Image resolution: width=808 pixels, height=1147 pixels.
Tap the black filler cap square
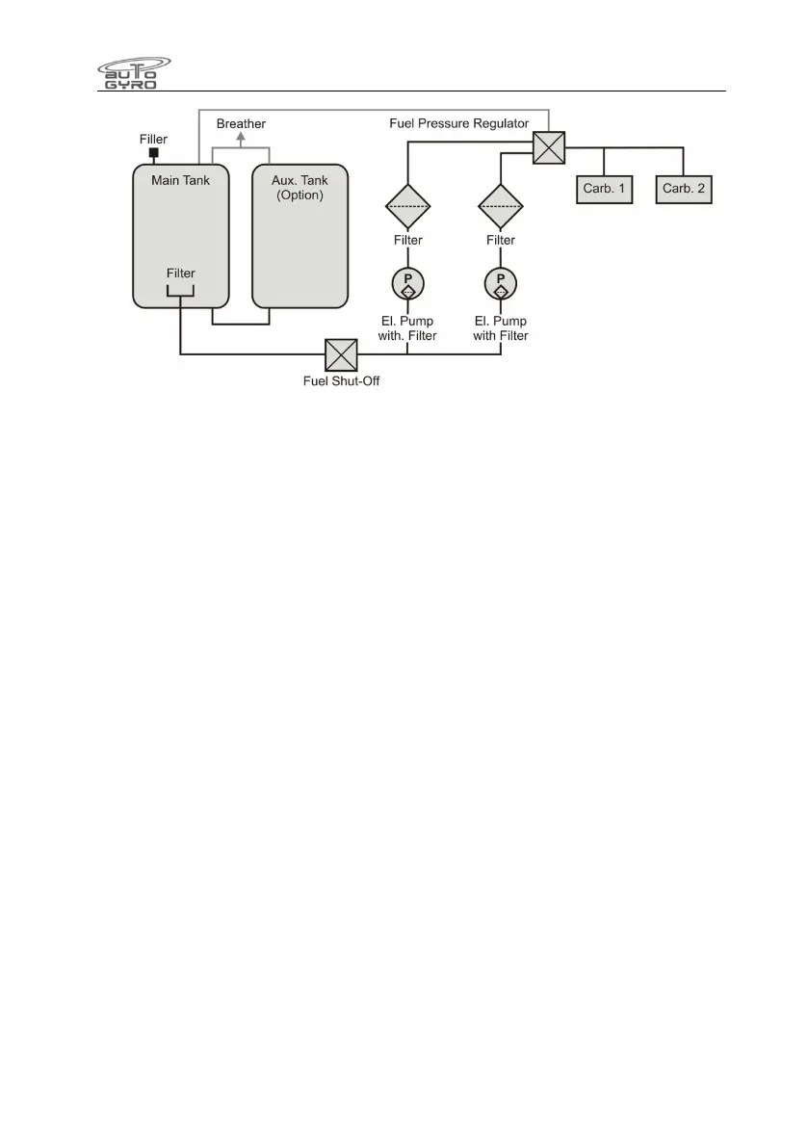coord(152,153)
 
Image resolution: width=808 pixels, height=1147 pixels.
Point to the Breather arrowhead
coord(241,138)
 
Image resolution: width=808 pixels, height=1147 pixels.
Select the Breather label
coord(241,124)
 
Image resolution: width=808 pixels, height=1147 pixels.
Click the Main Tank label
coord(180,179)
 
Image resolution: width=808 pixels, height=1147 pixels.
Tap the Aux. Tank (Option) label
coord(300,187)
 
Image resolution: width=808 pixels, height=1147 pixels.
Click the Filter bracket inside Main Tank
coord(180,292)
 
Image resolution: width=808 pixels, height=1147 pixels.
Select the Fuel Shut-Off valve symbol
coord(341,354)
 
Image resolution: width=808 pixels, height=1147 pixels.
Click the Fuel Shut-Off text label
coord(341,378)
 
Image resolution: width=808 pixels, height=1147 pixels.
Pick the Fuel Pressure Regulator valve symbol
coord(548,148)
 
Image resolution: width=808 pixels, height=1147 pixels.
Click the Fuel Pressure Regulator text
coord(458,124)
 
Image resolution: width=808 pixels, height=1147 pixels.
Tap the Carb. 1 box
coord(604,188)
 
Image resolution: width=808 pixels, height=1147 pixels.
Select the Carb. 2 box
coord(684,188)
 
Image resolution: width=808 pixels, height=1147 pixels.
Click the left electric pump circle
coord(407,283)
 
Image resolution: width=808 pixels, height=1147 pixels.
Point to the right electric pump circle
coord(501,283)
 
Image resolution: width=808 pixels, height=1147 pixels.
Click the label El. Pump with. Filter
coord(408,328)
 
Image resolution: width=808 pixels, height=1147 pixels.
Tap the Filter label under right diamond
coord(501,241)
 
